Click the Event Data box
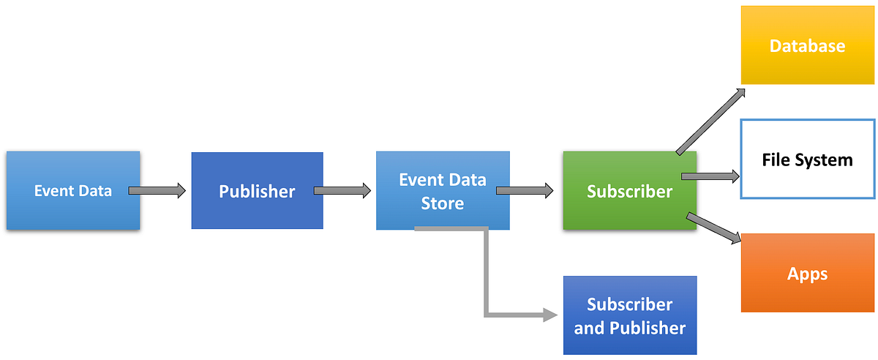coord(73,191)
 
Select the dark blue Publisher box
coord(257,191)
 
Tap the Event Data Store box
coord(443,191)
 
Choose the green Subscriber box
coord(629,191)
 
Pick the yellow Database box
coord(807,45)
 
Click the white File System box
coord(807,159)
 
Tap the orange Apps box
coord(807,274)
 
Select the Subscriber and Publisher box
coord(629,315)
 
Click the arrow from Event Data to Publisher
coord(157,191)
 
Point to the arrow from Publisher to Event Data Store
coord(342,191)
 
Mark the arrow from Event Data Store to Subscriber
coord(525,191)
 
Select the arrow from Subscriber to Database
coord(710,121)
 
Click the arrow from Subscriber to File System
coord(710,176)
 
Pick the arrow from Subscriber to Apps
coord(713,228)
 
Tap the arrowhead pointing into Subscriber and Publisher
coord(550,315)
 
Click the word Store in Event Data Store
coord(443,203)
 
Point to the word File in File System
coord(777,160)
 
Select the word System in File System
coord(825,160)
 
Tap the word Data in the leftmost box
coord(94,191)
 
